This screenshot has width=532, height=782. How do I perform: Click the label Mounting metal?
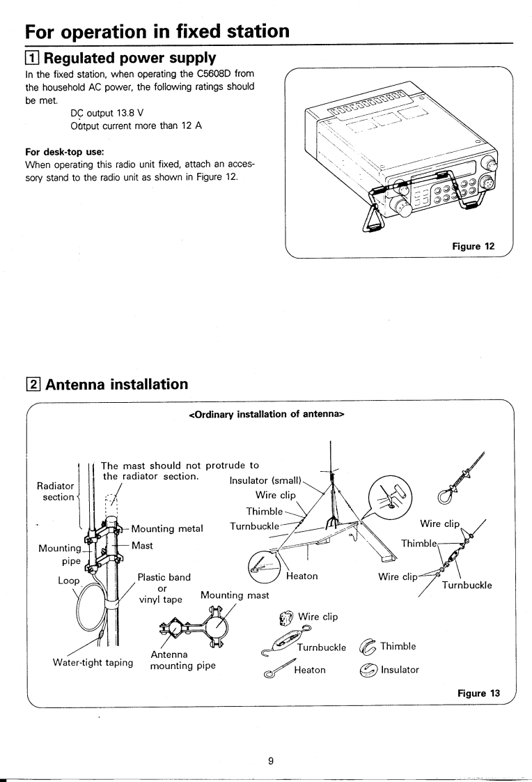[x=166, y=528]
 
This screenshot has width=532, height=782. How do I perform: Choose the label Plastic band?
[x=164, y=577]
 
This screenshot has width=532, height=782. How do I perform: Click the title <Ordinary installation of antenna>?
[x=267, y=415]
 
